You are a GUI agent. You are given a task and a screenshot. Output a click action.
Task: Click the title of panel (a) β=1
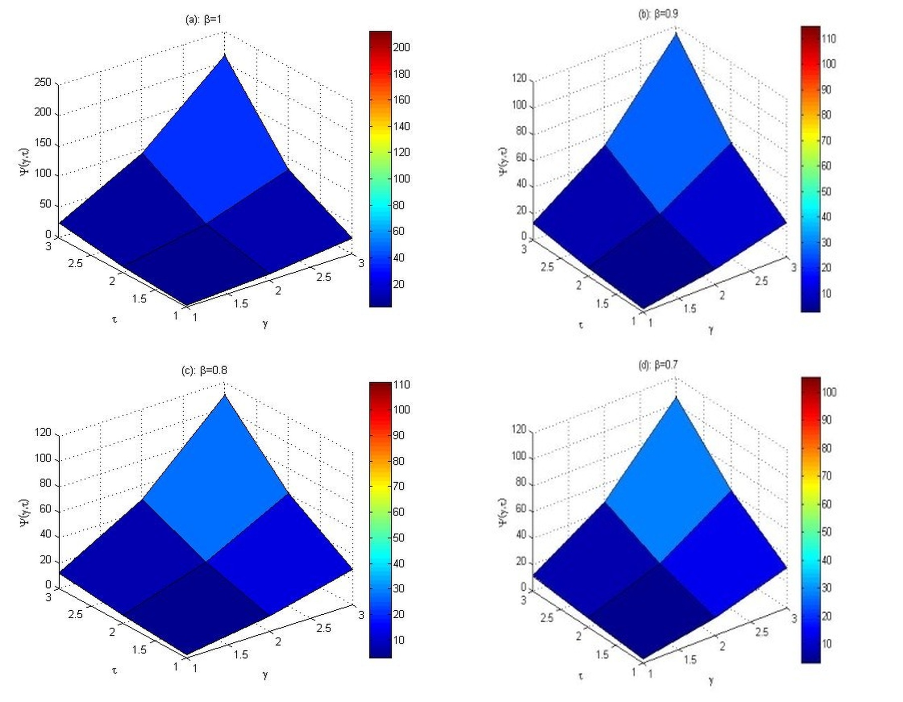[x=203, y=20]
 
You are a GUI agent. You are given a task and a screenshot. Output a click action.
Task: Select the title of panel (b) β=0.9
[x=658, y=14]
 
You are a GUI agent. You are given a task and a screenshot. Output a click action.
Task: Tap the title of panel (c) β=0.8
[x=204, y=371]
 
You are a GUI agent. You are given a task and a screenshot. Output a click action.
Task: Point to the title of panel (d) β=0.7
[x=658, y=365]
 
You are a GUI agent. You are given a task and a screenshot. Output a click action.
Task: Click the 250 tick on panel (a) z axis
[x=43, y=82]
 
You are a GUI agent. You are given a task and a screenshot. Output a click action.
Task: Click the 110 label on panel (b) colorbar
[x=829, y=39]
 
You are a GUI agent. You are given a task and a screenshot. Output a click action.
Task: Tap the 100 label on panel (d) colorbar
[x=829, y=392]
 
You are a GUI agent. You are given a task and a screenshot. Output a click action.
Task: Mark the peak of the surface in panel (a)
[x=224, y=55]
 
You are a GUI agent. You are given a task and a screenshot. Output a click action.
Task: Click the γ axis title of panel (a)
[x=265, y=323]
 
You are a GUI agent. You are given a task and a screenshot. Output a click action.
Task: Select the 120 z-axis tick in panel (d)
[x=519, y=429]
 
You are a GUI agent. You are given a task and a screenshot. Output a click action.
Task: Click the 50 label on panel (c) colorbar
[x=398, y=538]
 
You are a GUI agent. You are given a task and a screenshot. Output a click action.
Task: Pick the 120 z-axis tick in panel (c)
[x=43, y=432]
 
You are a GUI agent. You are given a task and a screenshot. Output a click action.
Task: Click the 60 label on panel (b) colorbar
[x=826, y=165]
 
